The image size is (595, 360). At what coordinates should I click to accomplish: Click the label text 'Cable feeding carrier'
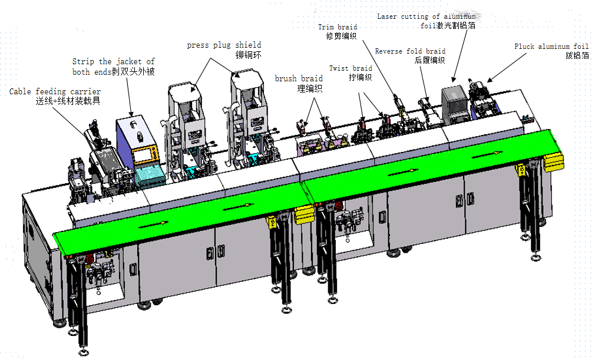coord(55,91)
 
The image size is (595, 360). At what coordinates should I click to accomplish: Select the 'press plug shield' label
coord(224,45)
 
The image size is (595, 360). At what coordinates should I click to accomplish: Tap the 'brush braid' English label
coord(298,78)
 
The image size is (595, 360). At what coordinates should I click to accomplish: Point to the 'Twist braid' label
coord(351,68)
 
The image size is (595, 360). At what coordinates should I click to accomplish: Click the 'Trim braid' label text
coord(338,27)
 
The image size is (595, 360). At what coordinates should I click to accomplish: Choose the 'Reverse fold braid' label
coord(410,51)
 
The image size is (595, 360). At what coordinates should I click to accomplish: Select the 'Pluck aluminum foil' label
coord(551,47)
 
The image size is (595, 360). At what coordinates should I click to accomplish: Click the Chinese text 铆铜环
coord(248,55)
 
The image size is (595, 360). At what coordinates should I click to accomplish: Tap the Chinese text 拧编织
coord(360,77)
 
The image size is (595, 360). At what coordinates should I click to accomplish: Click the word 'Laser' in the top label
coord(386,16)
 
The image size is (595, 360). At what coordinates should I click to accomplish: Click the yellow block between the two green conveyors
coord(303,215)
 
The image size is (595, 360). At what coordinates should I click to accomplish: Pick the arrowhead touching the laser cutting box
coord(454,79)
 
